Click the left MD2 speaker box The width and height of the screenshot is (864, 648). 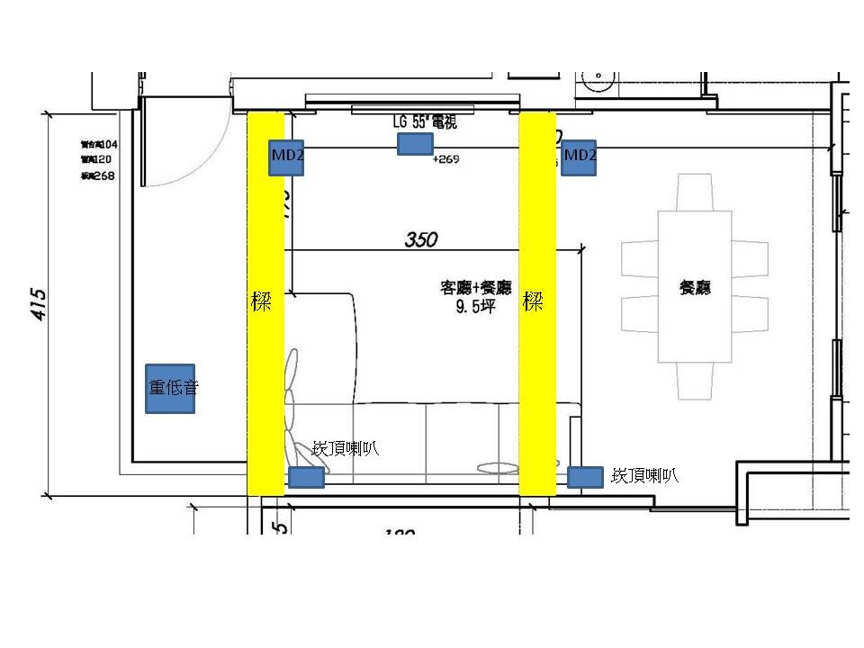coord(285,158)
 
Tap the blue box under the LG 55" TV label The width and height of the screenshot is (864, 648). coord(415,144)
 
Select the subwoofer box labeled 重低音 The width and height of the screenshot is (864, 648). coord(170,389)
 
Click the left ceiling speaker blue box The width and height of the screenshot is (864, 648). coord(306,477)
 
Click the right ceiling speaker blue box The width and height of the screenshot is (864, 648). coord(586,476)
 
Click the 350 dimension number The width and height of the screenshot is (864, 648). coord(421,239)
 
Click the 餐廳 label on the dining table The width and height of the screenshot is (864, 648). coord(696,288)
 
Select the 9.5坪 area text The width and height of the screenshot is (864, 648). coord(476,306)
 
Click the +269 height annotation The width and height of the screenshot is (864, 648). coord(446,159)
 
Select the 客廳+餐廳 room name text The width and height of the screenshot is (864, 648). coord(475,288)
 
